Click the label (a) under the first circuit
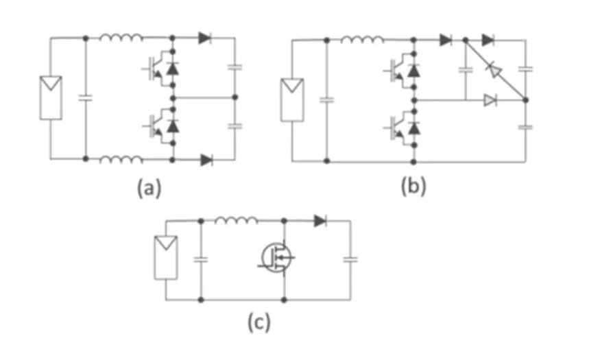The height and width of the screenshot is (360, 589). pos(149,187)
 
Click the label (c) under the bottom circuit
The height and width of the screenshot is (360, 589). pos(259,322)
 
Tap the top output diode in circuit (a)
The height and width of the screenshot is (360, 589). pos(205,38)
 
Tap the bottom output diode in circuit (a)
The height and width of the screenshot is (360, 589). pos(206,160)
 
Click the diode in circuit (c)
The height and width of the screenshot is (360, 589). pos(320,221)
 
